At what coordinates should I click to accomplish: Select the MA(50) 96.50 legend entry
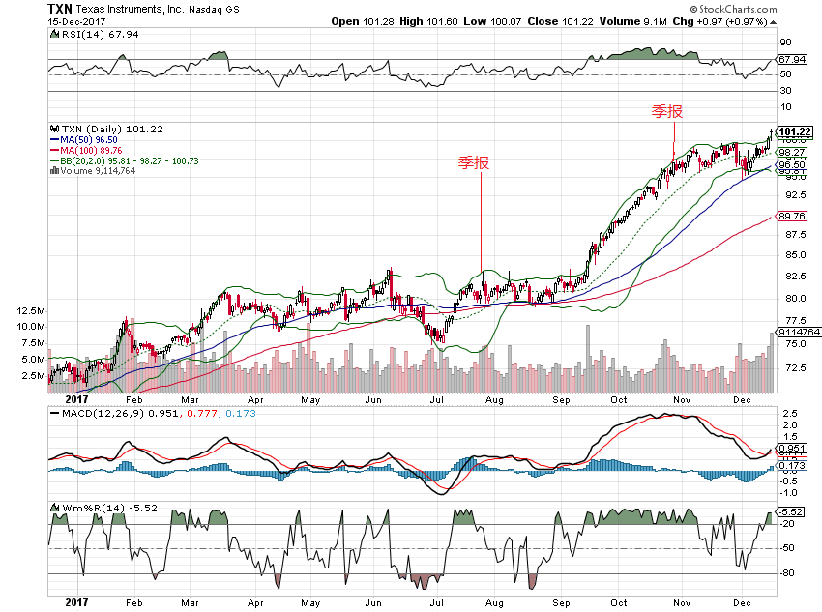(92, 139)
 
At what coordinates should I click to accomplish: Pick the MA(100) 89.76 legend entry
(95, 150)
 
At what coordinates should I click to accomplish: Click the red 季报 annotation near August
(474, 162)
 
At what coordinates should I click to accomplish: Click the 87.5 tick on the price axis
(794, 234)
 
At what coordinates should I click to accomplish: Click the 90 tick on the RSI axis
(787, 42)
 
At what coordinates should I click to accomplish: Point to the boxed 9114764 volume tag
(798, 333)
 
